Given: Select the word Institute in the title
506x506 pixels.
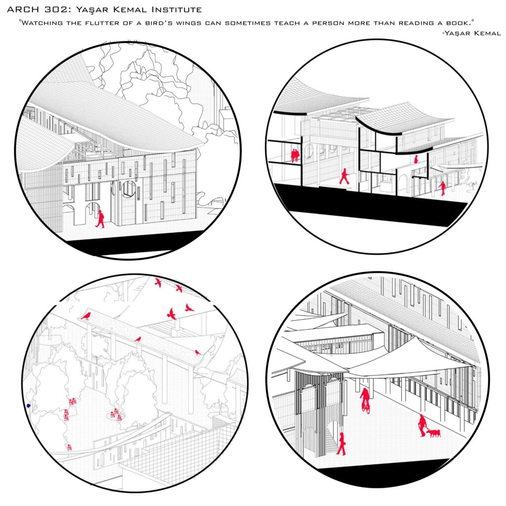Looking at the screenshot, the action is click(x=176, y=10).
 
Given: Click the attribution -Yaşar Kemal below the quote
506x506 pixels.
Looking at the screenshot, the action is click(x=471, y=33).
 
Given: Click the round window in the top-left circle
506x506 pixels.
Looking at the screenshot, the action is click(x=128, y=189).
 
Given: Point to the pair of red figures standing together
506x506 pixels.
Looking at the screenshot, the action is click(x=295, y=155).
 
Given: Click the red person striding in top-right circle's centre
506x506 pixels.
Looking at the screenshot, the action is click(x=344, y=176).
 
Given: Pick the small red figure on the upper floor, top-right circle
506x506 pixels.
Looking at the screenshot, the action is click(x=416, y=159).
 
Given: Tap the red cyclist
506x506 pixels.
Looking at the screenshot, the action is click(x=365, y=400).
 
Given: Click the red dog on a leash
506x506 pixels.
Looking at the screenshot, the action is click(x=434, y=433).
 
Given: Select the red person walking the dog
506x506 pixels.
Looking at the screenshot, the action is click(x=422, y=425).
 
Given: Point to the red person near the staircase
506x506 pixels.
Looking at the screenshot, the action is click(x=341, y=444).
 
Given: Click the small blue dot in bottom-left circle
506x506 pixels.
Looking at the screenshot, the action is click(x=29, y=406).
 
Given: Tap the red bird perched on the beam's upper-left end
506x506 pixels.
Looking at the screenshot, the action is click(x=86, y=315).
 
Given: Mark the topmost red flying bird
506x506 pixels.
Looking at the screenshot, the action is click(x=158, y=283).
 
